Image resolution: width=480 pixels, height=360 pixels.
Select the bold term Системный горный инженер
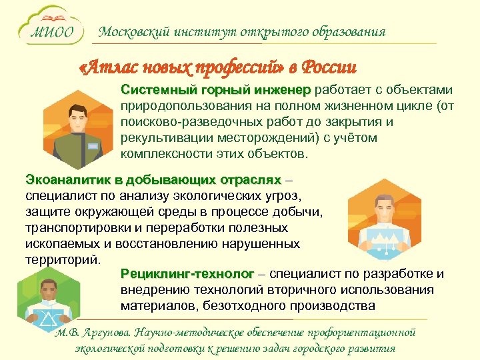click(215, 91)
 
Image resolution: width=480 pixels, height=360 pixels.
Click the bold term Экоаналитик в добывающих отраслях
click(153, 181)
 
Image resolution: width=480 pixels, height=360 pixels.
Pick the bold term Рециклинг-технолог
click(187, 275)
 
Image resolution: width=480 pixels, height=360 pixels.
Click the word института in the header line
click(182, 31)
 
